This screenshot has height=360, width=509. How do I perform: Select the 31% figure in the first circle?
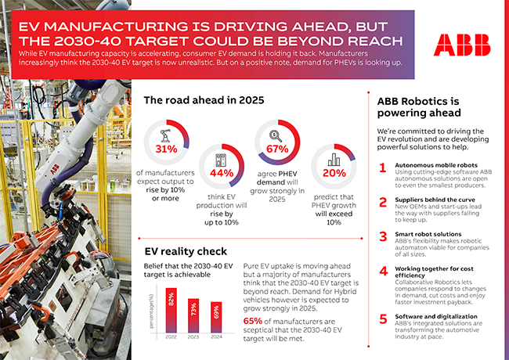pos(168,149)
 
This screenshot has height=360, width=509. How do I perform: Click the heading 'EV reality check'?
pos(186,252)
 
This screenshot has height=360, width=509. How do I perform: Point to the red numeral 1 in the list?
pos(381,168)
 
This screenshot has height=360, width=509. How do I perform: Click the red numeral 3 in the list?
pos(381,235)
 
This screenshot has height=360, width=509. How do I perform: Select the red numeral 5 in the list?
pos(381,319)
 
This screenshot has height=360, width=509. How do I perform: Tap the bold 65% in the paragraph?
pos(254,322)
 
